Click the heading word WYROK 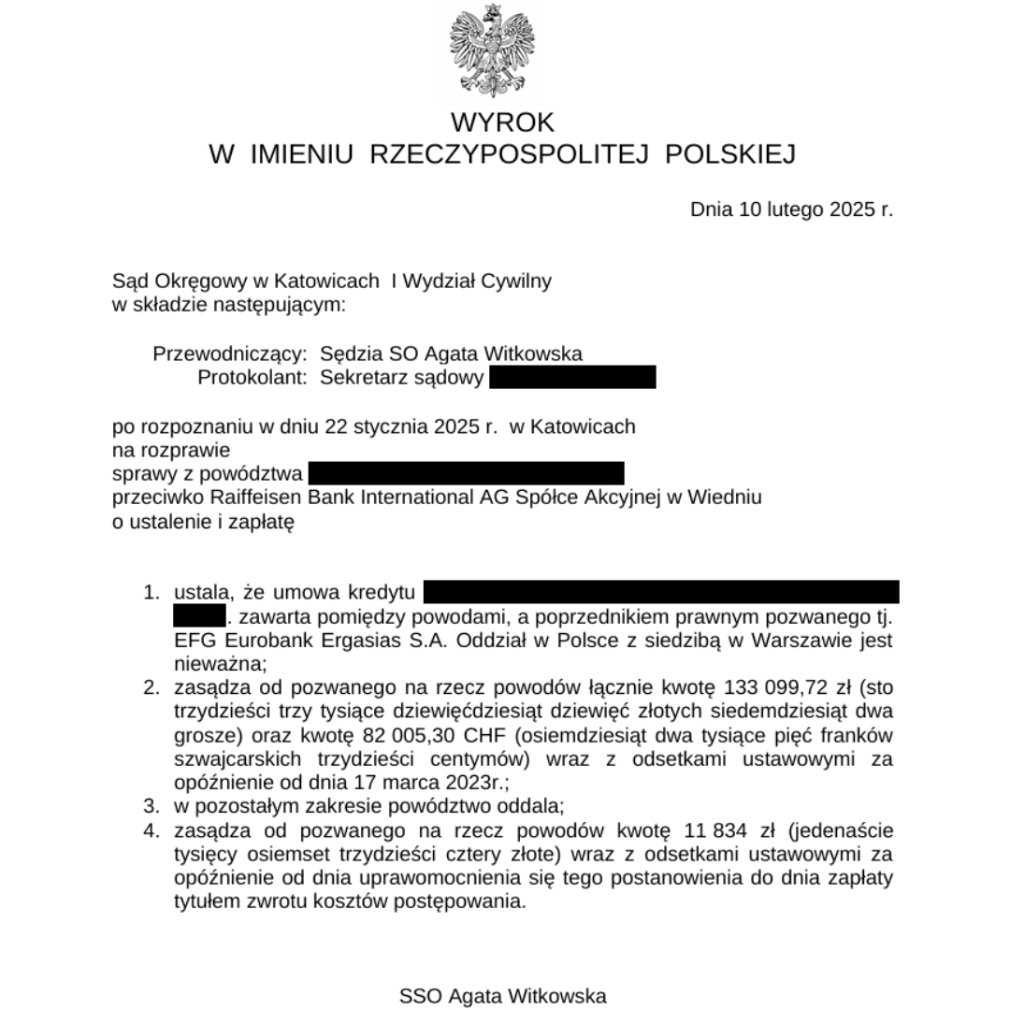(503, 123)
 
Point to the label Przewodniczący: (229, 353)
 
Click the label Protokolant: (252, 378)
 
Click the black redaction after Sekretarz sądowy (571, 378)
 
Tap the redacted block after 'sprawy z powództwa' (466, 473)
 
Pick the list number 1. (151, 593)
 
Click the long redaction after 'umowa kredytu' (661, 592)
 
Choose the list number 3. (151, 805)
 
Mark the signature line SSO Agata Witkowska (503, 996)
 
